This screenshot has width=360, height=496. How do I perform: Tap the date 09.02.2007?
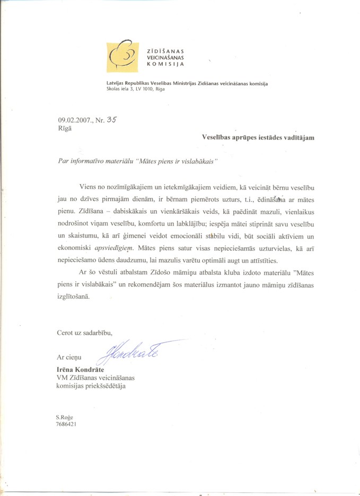(x=74, y=120)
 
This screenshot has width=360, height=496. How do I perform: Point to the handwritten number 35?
(x=111, y=119)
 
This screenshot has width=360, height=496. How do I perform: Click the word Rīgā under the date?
(x=64, y=128)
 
